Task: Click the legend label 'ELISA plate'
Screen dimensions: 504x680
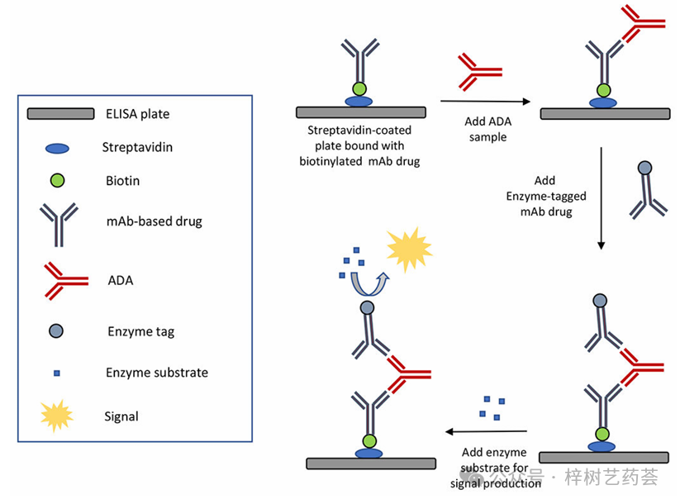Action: pos(136,113)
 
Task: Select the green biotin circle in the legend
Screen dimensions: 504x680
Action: pos(57,179)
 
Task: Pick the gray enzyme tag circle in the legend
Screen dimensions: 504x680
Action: pos(57,331)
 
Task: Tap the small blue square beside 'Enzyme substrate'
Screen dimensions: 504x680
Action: pos(57,373)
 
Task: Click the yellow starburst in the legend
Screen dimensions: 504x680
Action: pos(57,416)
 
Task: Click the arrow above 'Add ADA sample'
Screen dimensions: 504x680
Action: pos(486,104)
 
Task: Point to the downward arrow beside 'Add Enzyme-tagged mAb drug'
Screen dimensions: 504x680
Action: pos(601,198)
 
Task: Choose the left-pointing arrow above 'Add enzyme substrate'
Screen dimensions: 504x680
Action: pos(487,431)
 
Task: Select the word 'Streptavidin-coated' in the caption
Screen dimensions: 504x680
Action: pos(359,131)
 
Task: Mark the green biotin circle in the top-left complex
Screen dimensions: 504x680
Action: pos(359,88)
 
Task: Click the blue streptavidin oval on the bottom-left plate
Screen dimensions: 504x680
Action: pos(369,453)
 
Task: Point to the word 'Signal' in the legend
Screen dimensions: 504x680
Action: pos(121,416)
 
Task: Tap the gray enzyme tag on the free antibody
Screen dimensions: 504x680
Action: pos(644,168)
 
